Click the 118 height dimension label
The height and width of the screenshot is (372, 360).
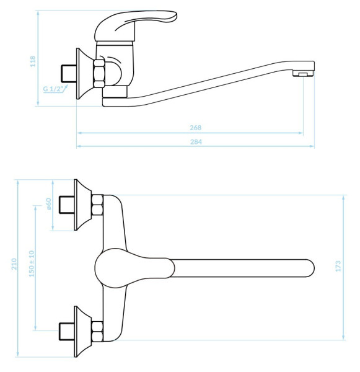tap(33, 61)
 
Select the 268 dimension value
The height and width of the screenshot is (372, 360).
tap(195, 128)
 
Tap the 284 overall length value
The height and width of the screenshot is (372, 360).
tap(196, 142)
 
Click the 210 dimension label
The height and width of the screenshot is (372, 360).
tap(14, 264)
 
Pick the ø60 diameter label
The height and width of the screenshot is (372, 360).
tap(48, 204)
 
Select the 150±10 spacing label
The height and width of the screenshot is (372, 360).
tap(32, 263)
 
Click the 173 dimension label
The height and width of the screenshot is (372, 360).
tap(338, 266)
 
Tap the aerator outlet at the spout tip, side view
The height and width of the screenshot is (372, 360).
tap(304, 74)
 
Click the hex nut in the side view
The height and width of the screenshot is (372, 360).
tap(99, 73)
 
